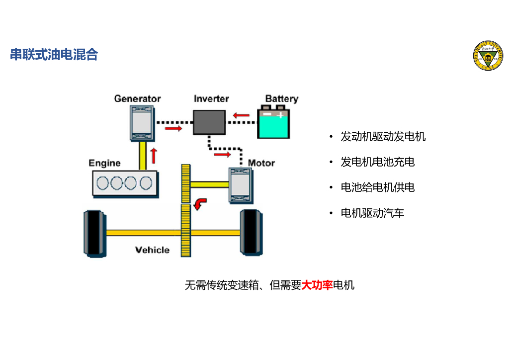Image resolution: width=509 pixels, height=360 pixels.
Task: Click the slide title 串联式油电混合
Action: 54,55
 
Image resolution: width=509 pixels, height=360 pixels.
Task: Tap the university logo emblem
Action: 487,56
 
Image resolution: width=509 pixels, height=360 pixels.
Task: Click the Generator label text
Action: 137,98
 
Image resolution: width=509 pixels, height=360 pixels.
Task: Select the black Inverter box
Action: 209,122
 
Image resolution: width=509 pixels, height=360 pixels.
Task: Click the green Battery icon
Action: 273,123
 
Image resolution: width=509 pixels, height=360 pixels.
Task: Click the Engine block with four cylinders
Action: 125,183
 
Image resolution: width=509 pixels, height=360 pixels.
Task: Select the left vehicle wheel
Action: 94,233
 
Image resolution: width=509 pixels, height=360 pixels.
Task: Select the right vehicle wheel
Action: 251,233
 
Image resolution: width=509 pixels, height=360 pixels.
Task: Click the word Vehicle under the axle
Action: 152,250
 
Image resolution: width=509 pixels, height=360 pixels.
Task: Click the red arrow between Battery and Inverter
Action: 241,116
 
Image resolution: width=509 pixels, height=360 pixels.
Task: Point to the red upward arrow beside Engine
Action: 154,155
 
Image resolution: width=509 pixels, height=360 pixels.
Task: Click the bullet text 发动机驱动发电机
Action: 383,137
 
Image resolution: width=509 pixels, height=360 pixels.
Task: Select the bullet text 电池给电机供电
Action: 377,187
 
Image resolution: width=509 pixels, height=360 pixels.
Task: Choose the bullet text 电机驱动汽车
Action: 372,213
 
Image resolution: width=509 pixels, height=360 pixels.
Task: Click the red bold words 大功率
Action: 317,285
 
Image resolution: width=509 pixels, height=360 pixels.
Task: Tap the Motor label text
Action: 261,163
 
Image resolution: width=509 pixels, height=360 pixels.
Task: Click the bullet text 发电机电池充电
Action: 377,162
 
